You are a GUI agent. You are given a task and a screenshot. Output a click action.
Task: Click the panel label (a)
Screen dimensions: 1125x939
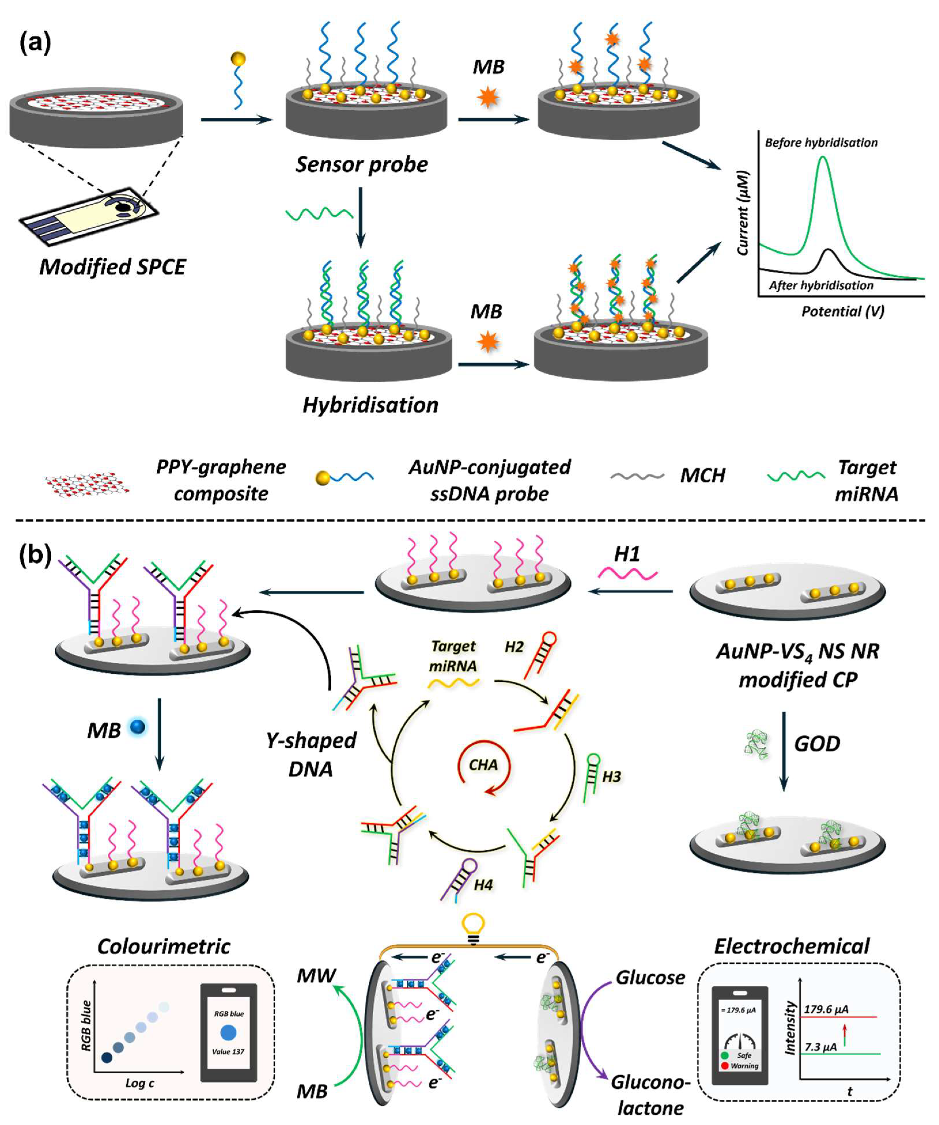pos(35,43)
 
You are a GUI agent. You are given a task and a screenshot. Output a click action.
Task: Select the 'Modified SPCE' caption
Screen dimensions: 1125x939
pos(113,266)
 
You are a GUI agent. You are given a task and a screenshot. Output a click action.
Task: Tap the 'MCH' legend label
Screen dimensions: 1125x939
pos(702,475)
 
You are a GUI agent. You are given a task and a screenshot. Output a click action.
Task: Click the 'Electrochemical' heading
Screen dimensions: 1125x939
pos(792,947)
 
